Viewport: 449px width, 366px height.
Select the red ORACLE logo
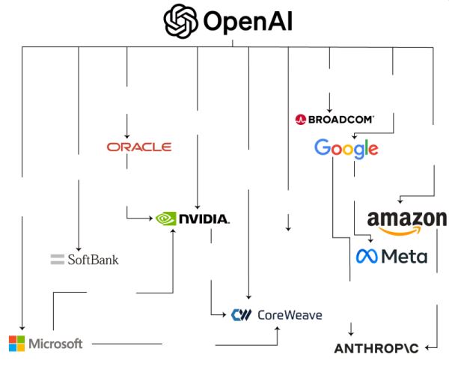click(x=139, y=147)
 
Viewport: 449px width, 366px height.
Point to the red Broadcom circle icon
click(x=300, y=119)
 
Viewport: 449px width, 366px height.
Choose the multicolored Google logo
click(x=346, y=148)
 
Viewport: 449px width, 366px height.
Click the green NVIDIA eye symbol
click(x=165, y=219)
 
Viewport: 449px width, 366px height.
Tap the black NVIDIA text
click(x=204, y=220)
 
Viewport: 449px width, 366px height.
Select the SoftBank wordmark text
click(x=93, y=260)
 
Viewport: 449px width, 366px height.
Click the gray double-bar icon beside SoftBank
click(x=58, y=260)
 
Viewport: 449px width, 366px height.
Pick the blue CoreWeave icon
click(x=241, y=315)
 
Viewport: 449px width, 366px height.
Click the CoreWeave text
click(x=289, y=315)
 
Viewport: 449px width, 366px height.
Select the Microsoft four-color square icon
click(x=16, y=344)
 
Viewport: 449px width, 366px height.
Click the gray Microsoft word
click(x=55, y=344)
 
